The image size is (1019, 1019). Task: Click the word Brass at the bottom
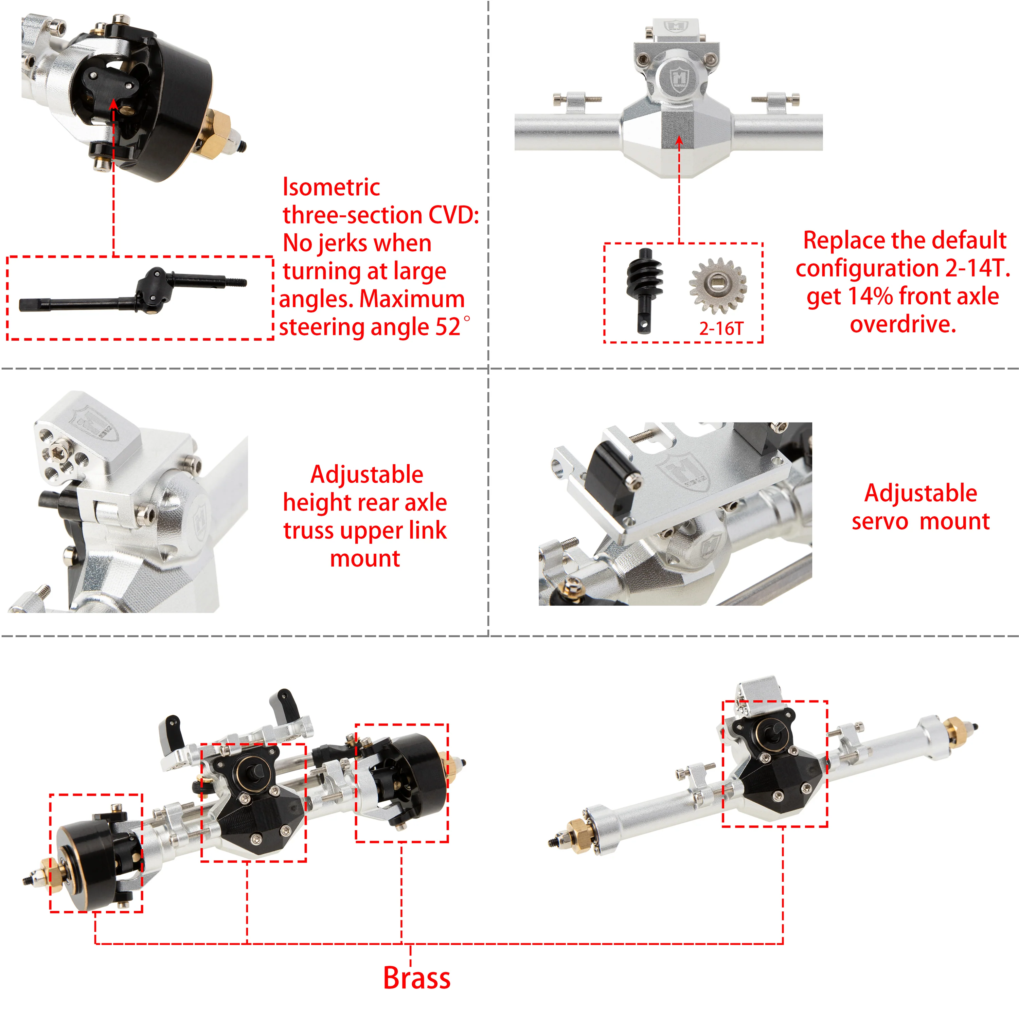pyautogui.click(x=417, y=978)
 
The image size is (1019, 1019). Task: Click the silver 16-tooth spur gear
pyautogui.click(x=718, y=285)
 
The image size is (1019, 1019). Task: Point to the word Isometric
pyautogui.click(x=331, y=187)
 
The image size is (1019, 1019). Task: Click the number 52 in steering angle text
pyautogui.click(x=448, y=327)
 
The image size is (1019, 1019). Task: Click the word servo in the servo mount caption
pyautogui.click(x=880, y=522)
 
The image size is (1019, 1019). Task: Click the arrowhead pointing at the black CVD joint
pyautogui.click(x=113, y=102)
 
